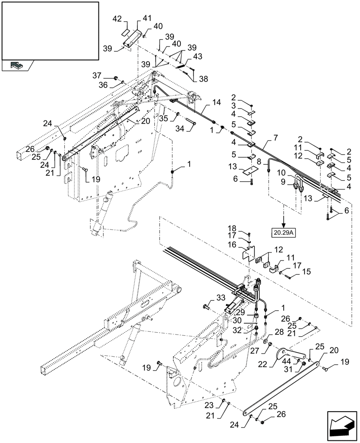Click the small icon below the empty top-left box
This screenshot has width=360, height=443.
(x=16, y=66)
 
